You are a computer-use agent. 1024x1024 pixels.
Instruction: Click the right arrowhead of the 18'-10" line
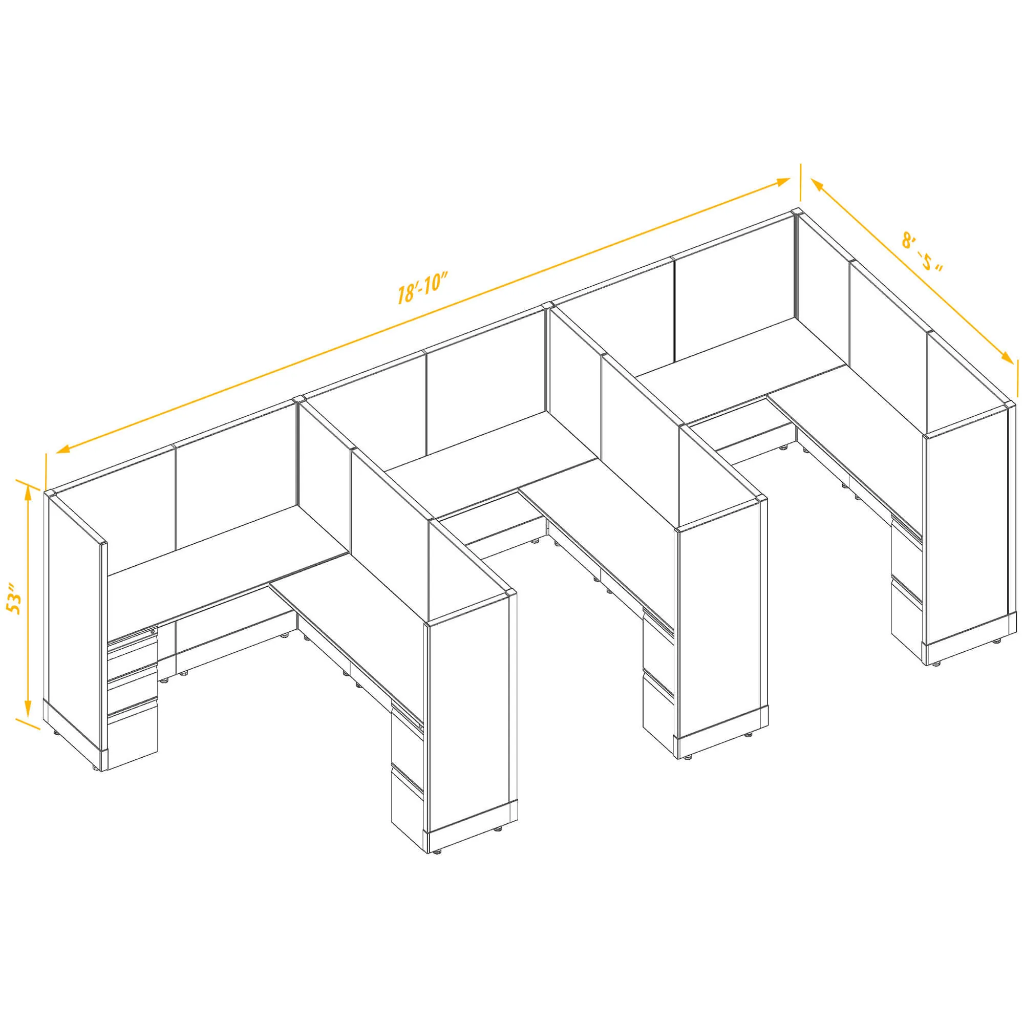(783, 182)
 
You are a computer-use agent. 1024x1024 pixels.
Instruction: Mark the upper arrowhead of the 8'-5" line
(816, 185)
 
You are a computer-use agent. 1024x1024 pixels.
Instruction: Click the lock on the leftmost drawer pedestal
(153, 632)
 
